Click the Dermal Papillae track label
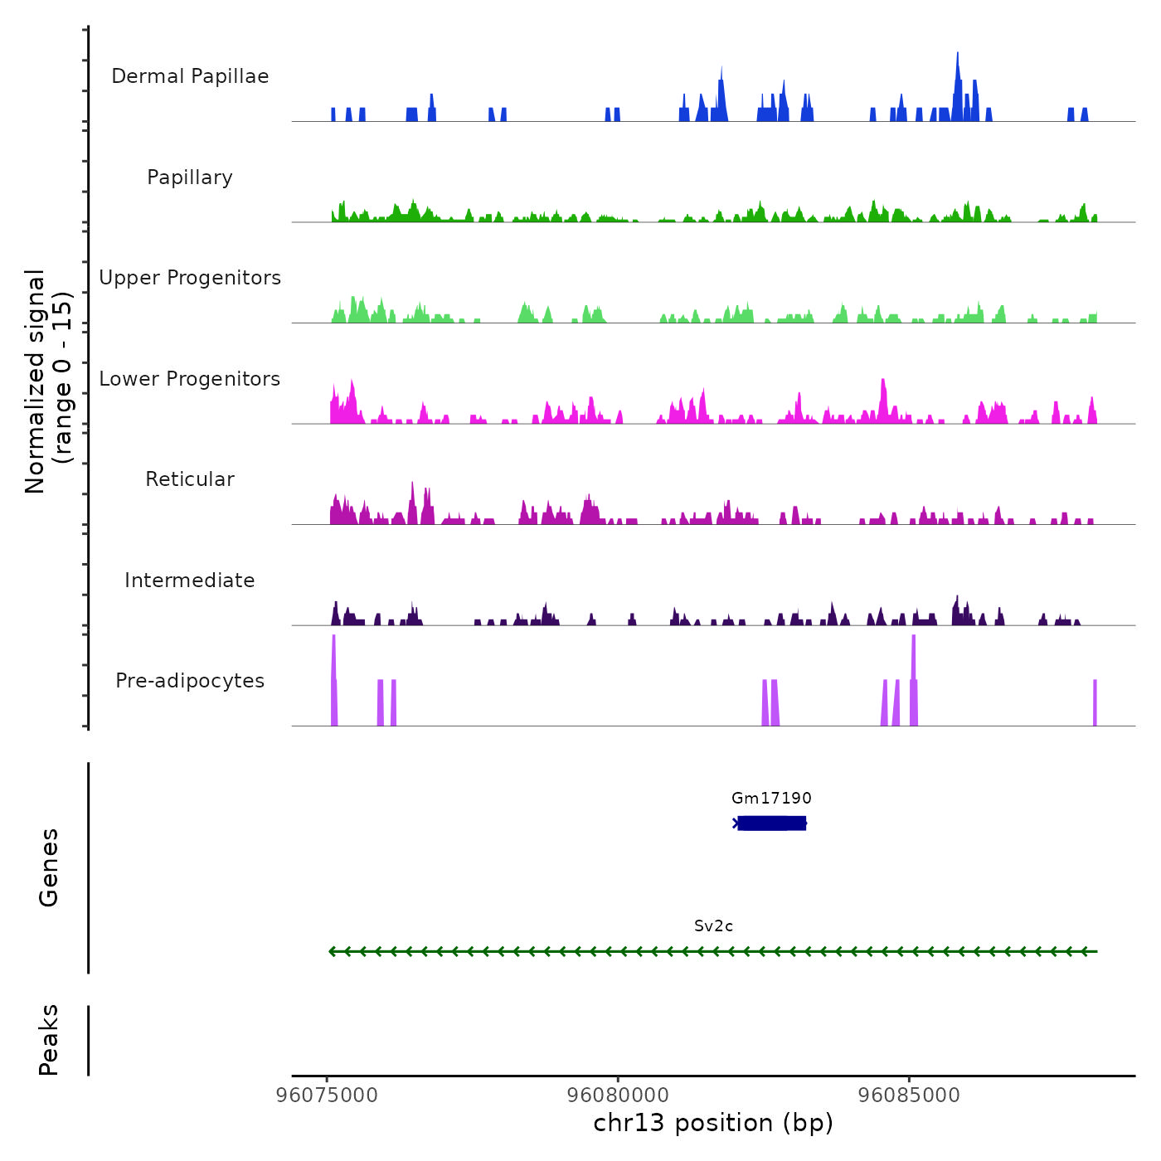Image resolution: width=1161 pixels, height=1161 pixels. (x=190, y=76)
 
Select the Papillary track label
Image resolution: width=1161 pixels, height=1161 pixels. (x=190, y=177)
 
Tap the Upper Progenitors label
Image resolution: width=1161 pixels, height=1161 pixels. (x=190, y=278)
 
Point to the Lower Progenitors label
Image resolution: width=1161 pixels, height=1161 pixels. (x=190, y=379)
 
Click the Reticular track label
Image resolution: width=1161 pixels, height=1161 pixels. (x=190, y=479)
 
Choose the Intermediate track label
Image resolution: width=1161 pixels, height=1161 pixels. (x=190, y=580)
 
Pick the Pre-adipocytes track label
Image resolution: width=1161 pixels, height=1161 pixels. (x=190, y=681)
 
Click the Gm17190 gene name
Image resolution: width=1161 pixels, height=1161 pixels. (x=771, y=799)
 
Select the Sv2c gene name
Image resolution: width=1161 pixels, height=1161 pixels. (x=713, y=926)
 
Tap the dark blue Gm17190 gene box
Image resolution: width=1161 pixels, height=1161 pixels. (x=771, y=823)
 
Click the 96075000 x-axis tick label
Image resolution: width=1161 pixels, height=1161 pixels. (x=327, y=1095)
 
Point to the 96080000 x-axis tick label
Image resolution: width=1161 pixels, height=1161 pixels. (x=618, y=1095)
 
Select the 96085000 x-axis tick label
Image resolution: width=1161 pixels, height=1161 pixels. (x=909, y=1095)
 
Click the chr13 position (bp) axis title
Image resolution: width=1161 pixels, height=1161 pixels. (x=713, y=1123)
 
